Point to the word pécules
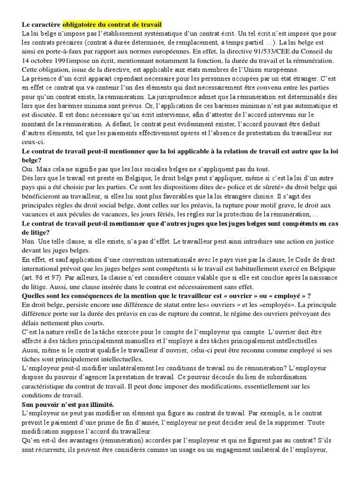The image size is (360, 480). [78, 214]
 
